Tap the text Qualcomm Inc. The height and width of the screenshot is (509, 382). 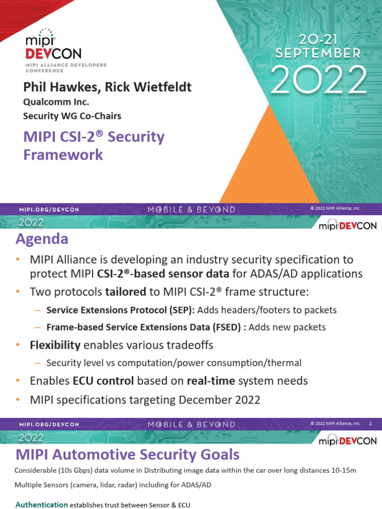click(x=56, y=102)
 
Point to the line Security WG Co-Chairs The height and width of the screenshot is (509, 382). click(x=72, y=116)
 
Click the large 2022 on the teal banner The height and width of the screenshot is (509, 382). click(x=319, y=80)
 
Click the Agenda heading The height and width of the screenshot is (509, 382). click(x=42, y=239)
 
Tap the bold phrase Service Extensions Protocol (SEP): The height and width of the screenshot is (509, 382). click(x=121, y=310)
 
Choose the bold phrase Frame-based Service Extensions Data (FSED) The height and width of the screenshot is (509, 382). click(x=146, y=327)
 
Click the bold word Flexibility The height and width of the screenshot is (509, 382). click(x=55, y=345)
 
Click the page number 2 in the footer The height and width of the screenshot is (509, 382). click(x=370, y=424)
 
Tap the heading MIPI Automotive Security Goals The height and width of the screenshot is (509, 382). click(x=127, y=454)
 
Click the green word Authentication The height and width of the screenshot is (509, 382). click(x=42, y=505)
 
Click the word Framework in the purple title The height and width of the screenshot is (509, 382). click(x=63, y=155)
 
